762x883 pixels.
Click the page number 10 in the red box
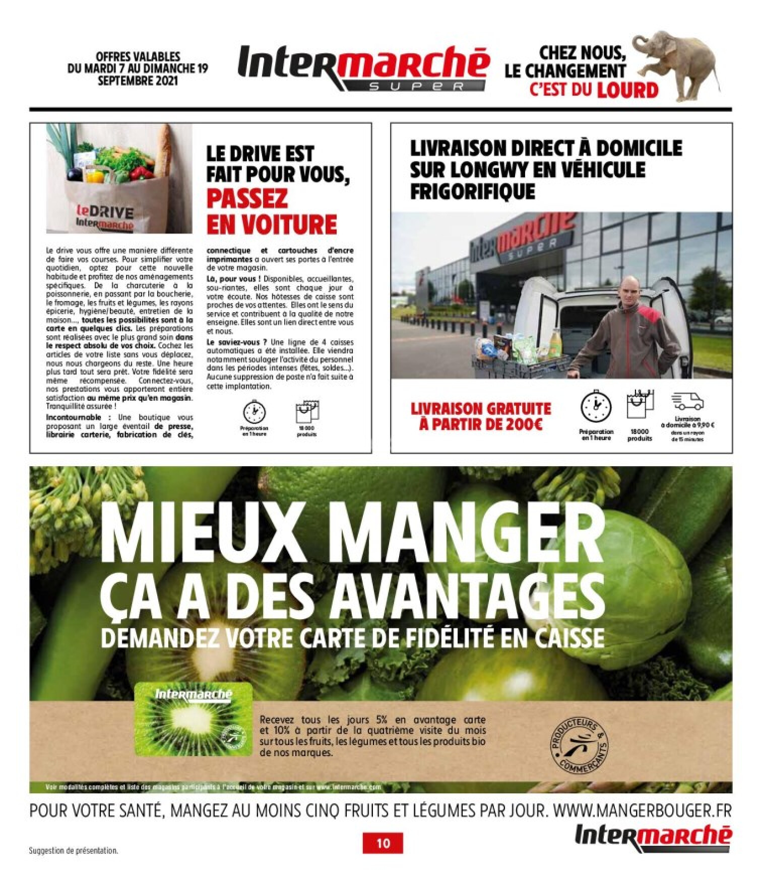click(383, 843)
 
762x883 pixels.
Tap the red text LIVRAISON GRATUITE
click(481, 408)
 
